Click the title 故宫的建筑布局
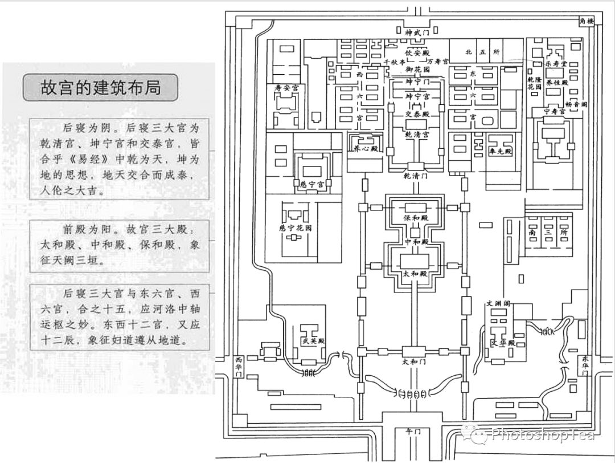pos(100,88)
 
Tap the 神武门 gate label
pos(416,33)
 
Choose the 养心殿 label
pos(367,150)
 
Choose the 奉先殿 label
pos(501,152)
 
